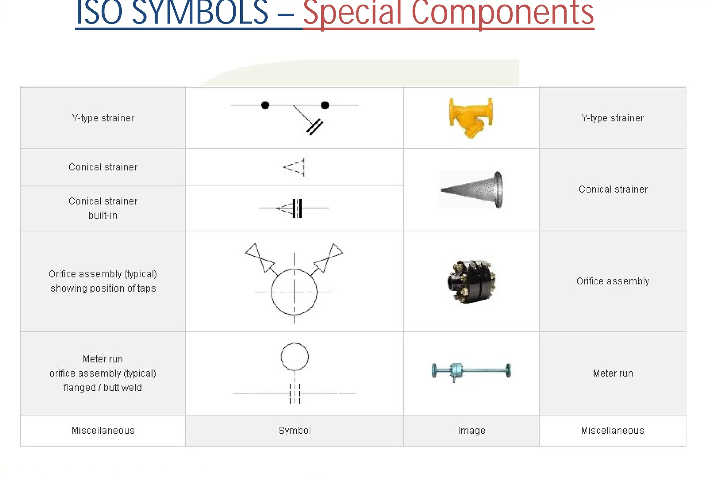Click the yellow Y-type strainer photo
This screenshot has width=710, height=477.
tap(471, 117)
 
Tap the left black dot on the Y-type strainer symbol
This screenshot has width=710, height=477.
tap(265, 105)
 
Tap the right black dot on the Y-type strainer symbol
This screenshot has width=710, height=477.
tap(325, 105)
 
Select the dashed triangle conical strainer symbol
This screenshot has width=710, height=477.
tap(295, 167)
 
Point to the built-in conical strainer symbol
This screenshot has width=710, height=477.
tap(294, 208)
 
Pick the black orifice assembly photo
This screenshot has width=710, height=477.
tap(471, 281)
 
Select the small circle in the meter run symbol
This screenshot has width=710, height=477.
tap(295, 357)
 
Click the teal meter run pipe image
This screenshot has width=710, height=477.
tap(471, 371)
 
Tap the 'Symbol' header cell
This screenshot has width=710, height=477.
tap(295, 431)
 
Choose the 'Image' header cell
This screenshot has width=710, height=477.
tap(471, 431)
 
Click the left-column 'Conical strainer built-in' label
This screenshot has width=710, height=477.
tap(103, 208)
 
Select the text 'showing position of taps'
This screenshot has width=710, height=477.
tap(103, 288)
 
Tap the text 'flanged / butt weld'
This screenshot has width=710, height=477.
tap(103, 388)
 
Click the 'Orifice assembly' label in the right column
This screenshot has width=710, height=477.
tap(613, 281)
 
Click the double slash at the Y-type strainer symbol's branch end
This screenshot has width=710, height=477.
tap(315, 127)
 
